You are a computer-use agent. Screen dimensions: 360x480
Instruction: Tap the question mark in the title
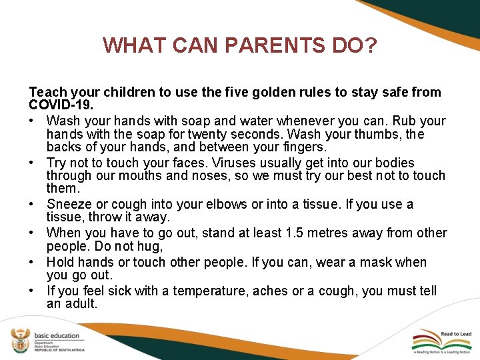[371, 45]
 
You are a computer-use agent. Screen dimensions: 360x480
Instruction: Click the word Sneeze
[69, 205]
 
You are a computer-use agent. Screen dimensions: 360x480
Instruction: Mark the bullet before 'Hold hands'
[33, 263]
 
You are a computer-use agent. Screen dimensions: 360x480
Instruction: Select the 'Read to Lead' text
[456, 334]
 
